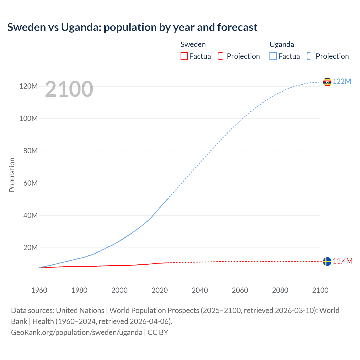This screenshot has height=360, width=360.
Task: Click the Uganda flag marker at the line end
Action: click(327, 82)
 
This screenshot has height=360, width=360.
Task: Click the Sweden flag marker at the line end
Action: click(327, 262)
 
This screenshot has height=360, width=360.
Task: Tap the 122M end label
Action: click(342, 81)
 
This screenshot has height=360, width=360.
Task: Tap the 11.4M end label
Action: click(343, 261)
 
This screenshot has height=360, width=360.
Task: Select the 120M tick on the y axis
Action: click(28, 86)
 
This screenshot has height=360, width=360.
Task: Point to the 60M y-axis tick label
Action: click(30, 183)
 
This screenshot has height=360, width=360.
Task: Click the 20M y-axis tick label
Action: click(30, 248)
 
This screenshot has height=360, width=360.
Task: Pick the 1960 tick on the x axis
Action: click(39, 290)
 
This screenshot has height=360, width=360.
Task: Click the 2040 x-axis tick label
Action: click(200, 290)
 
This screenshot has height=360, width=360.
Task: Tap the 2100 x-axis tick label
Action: click(320, 290)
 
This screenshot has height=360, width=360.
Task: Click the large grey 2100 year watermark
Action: click(69, 89)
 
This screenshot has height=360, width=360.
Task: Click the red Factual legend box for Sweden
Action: click(184, 56)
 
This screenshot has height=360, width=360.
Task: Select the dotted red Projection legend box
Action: click(222, 56)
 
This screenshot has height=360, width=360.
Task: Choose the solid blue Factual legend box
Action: click(273, 56)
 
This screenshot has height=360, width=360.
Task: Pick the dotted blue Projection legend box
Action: click(311, 56)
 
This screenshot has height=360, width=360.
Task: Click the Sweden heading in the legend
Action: click(193, 44)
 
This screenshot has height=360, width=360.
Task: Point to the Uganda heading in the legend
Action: click(282, 44)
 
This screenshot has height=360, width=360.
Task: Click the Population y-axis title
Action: click(12, 175)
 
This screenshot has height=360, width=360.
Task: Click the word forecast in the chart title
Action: click(237, 27)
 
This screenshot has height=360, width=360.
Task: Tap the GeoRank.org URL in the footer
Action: click(76, 332)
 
